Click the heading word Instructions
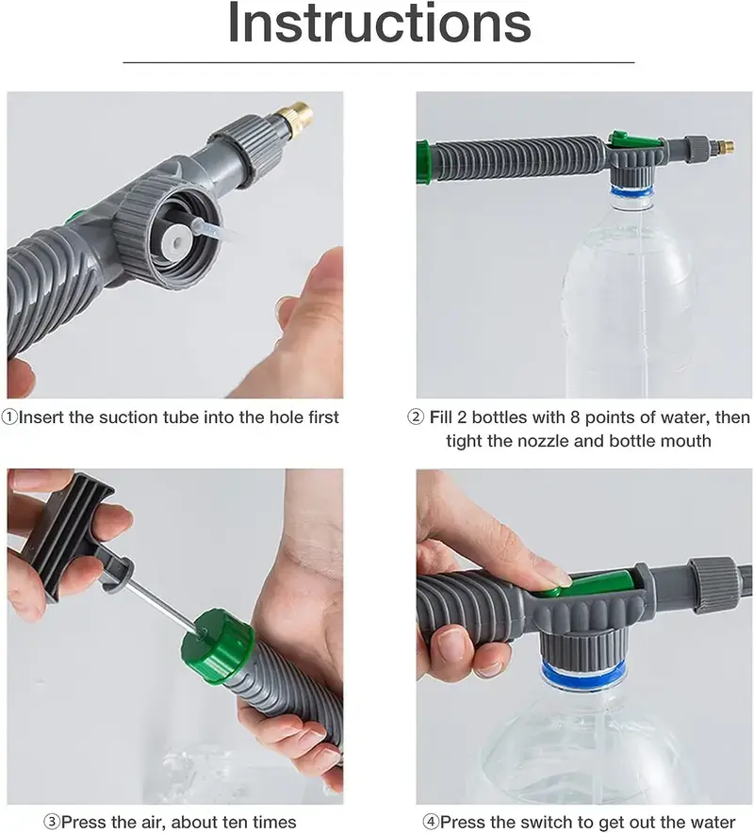[380, 23]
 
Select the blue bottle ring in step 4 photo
[582, 673]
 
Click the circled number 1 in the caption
[9, 417]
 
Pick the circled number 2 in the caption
[416, 417]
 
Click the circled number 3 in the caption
[52, 822]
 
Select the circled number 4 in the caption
[431, 822]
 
